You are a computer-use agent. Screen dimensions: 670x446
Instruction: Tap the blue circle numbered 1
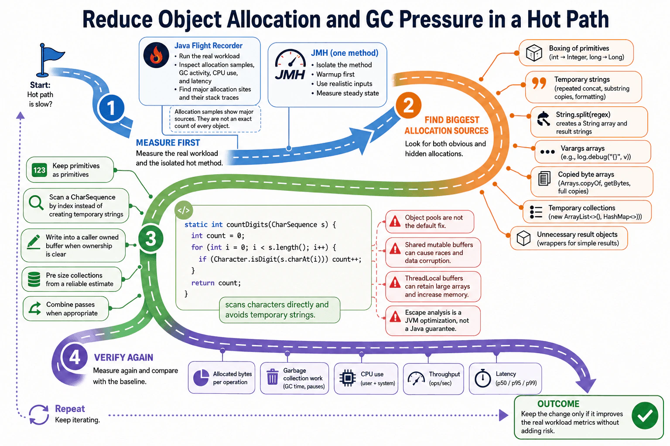point(111,108)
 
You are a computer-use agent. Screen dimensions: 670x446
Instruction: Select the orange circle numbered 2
point(409,105)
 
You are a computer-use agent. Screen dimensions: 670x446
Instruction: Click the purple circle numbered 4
point(75,358)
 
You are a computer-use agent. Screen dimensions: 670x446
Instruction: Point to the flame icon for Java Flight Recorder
point(156,56)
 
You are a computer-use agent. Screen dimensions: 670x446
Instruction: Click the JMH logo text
point(290,74)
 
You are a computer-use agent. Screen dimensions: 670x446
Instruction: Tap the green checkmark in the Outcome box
point(645,416)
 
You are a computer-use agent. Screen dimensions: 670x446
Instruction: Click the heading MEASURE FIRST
point(168,143)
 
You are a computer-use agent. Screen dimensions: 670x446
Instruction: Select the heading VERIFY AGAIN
point(123,357)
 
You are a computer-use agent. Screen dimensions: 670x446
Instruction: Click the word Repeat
point(70,409)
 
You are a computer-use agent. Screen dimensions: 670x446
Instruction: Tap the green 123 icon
point(40,170)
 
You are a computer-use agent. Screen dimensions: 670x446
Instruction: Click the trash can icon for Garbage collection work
point(273,377)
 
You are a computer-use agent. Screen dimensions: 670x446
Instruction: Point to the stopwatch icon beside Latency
point(483,378)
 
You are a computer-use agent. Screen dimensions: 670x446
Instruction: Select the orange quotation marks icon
point(539,83)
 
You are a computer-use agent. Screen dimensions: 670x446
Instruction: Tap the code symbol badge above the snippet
point(184,210)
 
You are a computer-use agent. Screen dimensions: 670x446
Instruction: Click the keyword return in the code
point(203,283)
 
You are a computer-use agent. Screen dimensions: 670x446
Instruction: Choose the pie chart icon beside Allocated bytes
point(201,378)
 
